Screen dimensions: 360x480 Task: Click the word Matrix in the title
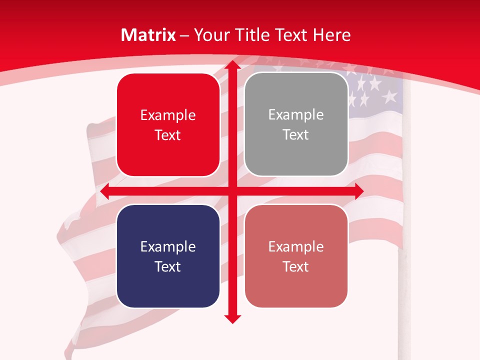pos(148,35)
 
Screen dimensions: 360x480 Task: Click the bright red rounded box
pos(168,125)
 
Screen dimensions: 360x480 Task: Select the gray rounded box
pos(296,124)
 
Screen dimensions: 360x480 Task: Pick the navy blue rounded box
pos(168,256)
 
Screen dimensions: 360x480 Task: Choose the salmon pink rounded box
pos(296,256)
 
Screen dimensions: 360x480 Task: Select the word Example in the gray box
pos(296,115)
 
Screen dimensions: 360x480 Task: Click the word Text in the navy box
pos(168,266)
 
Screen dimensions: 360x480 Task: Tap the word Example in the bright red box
pos(168,115)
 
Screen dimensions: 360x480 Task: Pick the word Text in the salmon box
pos(296,266)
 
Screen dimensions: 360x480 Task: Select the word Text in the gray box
pos(296,135)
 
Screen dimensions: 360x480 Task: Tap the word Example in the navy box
pos(168,246)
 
